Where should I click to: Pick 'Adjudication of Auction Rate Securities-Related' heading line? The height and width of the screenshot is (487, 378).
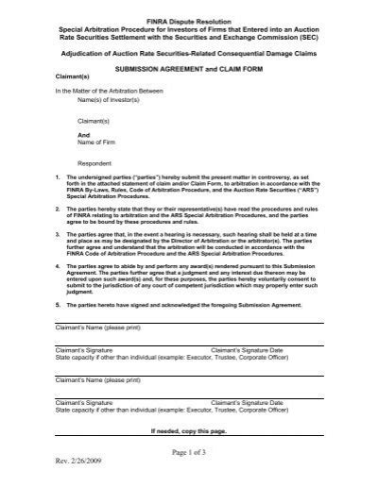(x=188, y=56)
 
